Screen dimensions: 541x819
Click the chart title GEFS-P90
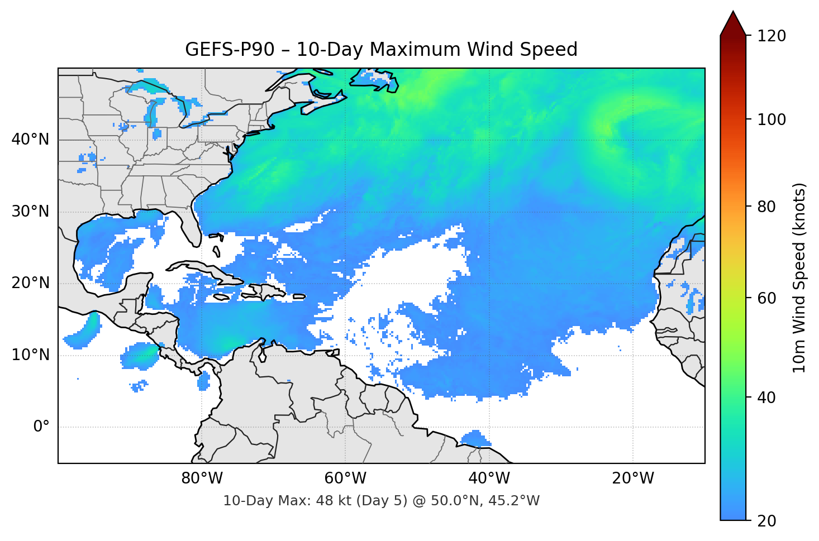[381, 50]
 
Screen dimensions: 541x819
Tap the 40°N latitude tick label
[30, 140]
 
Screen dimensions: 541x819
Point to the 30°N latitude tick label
[30, 212]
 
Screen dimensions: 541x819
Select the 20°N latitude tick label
[30, 284]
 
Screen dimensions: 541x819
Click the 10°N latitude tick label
[30, 355]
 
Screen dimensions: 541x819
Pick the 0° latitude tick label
[41, 427]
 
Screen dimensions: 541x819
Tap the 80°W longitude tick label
[202, 478]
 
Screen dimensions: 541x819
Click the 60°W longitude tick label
[345, 478]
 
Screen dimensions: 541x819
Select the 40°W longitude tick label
[489, 478]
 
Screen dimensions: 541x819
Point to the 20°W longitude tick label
[632, 478]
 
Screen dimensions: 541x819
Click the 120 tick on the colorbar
[772, 36]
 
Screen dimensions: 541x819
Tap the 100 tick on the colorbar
[772, 119]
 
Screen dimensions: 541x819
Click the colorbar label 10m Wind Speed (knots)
[799, 277]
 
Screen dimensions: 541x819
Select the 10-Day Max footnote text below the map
[381, 501]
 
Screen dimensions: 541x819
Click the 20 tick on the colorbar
[766, 521]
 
